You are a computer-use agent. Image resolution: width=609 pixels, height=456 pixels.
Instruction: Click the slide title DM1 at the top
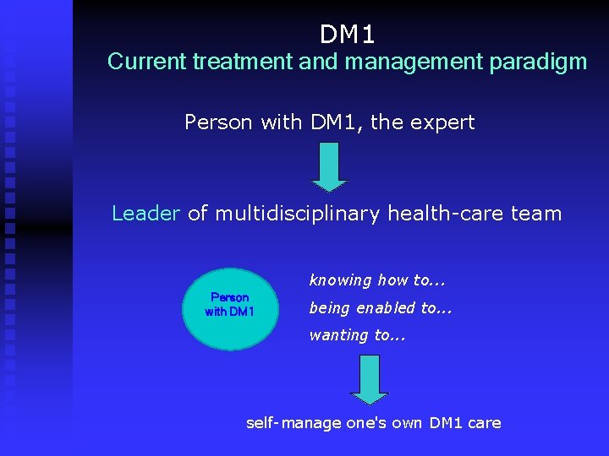347,35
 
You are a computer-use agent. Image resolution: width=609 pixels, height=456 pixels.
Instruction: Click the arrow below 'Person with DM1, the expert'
329,166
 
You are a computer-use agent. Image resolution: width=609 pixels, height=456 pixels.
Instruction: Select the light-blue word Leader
145,214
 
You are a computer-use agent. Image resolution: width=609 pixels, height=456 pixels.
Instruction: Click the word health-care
447,214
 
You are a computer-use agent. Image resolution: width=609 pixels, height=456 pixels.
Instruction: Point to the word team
537,214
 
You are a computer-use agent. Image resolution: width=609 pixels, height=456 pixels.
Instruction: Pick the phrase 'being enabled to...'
381,308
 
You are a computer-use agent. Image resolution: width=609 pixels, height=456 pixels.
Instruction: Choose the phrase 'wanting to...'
357,335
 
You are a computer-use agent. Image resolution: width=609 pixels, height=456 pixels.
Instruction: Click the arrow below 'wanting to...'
369,379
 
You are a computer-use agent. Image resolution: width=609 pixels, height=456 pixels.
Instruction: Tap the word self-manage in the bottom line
294,422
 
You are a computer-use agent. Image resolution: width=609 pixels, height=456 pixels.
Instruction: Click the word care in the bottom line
484,422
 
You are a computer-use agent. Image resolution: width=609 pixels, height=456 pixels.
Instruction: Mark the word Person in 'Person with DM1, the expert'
218,122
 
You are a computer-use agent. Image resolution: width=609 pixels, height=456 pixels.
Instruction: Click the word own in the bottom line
408,422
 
